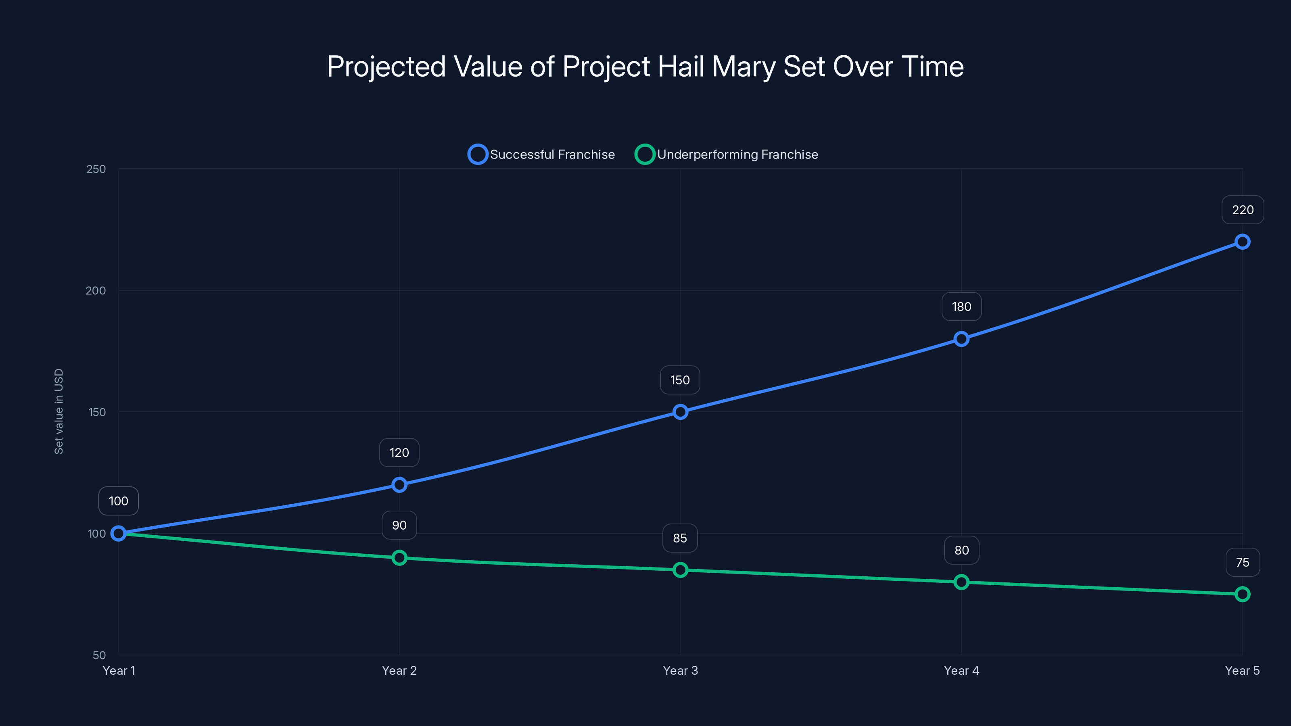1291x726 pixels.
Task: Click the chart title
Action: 645,66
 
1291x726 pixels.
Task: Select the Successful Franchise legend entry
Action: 541,154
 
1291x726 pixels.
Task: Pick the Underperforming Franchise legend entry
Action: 726,154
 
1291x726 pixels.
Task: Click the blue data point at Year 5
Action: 1242,242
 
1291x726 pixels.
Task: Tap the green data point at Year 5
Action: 1242,594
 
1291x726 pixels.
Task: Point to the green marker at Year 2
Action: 399,558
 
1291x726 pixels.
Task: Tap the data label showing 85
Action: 679,538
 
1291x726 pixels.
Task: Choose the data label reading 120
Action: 399,453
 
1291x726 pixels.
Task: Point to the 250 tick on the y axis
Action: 96,169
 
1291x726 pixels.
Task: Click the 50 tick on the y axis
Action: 99,655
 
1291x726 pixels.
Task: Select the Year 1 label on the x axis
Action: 119,670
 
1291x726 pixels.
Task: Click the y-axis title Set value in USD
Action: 58,411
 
